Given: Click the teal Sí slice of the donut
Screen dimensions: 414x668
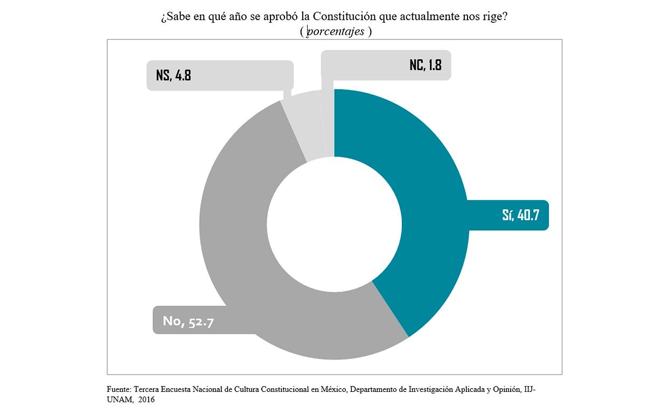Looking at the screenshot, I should click(x=426, y=178).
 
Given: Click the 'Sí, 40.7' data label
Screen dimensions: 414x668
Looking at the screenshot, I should click(x=520, y=215).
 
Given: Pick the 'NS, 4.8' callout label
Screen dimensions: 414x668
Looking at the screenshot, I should click(x=173, y=75).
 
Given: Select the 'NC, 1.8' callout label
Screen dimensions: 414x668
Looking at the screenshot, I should click(x=425, y=65).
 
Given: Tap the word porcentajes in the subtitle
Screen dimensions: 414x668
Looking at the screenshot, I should click(x=335, y=31).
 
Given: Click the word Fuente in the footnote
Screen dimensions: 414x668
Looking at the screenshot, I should click(x=118, y=389).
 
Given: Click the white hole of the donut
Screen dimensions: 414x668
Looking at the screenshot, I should click(x=334, y=224).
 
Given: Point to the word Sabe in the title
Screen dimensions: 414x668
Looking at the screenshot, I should click(x=178, y=17).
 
